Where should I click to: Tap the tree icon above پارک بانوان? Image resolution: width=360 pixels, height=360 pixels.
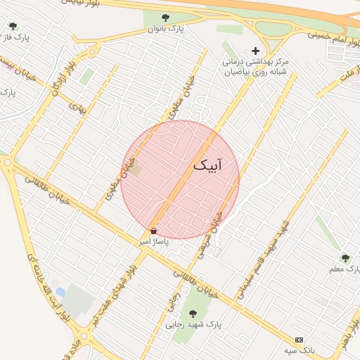pos(165,18)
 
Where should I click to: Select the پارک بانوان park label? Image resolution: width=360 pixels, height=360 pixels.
pos(165,29)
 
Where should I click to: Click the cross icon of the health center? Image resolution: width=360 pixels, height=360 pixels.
pos(255,51)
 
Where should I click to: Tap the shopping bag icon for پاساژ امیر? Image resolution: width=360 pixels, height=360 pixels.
pos(154,231)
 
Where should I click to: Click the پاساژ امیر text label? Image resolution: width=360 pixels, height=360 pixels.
pos(154,241)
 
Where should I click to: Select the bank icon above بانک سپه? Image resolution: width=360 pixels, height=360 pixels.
pos(300,340)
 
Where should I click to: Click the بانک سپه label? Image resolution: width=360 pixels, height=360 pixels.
pos(300,349)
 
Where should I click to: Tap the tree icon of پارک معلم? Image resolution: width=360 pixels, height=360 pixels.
pos(345,257)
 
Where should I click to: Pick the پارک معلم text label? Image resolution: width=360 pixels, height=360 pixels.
pos(345,269)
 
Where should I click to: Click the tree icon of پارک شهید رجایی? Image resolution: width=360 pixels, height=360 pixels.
pos(193,314)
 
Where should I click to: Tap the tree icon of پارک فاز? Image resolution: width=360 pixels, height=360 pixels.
pos(13,27)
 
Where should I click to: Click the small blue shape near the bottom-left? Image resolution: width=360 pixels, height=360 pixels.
pos(60,292)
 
